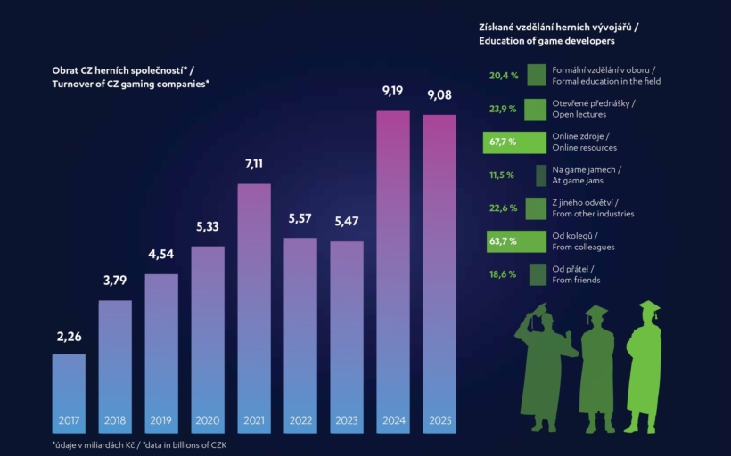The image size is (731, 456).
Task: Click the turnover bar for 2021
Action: pos(254,308)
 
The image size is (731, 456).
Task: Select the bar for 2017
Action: pos(69,394)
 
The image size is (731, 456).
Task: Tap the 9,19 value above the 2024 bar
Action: pos(392,91)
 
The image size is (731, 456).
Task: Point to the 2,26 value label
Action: pos(69,337)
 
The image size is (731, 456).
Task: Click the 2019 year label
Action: pos(160,420)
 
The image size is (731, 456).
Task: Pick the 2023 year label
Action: pos(347,420)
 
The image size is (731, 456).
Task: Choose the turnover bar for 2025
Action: pos(439,274)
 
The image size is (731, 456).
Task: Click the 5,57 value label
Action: pos(300,218)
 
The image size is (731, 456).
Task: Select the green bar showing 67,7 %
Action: pos(514,142)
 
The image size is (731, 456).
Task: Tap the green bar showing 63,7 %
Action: pos(516,241)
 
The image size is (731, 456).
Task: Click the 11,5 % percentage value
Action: pos(502,175)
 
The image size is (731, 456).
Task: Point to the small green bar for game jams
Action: pos(541,175)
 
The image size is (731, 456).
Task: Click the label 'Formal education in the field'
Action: pos(606,81)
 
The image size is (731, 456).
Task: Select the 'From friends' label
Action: pos(576,280)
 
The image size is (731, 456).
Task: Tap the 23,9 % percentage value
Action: pos(503,109)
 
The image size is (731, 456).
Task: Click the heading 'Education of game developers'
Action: pos(546,41)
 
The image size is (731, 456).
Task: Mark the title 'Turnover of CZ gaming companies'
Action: pos(130,85)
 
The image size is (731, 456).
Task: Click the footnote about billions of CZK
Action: pos(139,444)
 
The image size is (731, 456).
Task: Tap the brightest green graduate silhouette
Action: pos(644,367)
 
